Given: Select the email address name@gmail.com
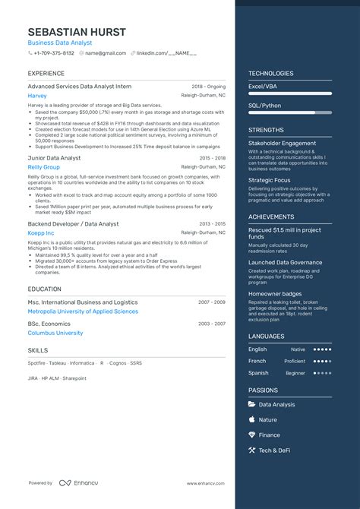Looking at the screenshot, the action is point(106,53).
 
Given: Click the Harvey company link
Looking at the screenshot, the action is point(37,96).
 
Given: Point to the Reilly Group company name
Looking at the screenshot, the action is point(43,167).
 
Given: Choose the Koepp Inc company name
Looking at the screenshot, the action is point(41,233).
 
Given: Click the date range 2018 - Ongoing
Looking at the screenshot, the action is point(208,87).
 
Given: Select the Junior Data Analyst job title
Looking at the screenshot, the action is point(54,158).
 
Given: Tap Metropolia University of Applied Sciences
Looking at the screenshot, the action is point(83,311).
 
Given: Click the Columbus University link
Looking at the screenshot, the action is point(55,333).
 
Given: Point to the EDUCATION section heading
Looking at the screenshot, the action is point(45,289).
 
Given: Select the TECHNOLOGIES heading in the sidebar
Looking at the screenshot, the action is point(270,74).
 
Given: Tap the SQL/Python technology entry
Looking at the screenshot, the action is point(264,106).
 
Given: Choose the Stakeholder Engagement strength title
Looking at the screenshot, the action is point(282,143).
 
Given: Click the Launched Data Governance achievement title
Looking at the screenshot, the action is point(285,262).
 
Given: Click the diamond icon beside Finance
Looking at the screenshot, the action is point(252,435).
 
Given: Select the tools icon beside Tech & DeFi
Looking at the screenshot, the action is point(252,451).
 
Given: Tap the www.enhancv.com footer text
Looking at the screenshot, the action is point(206,483).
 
